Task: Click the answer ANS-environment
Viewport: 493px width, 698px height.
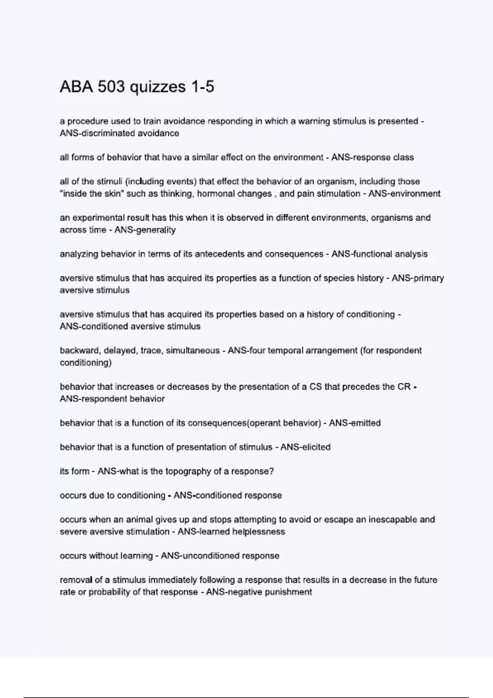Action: [x=404, y=193]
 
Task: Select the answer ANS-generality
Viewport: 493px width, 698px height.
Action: [x=145, y=230]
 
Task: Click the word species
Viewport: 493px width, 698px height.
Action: [x=339, y=278]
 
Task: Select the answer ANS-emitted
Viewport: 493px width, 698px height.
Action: [x=355, y=423]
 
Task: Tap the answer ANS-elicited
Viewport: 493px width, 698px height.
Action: [x=305, y=447]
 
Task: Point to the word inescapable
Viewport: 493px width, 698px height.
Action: [x=392, y=519]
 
